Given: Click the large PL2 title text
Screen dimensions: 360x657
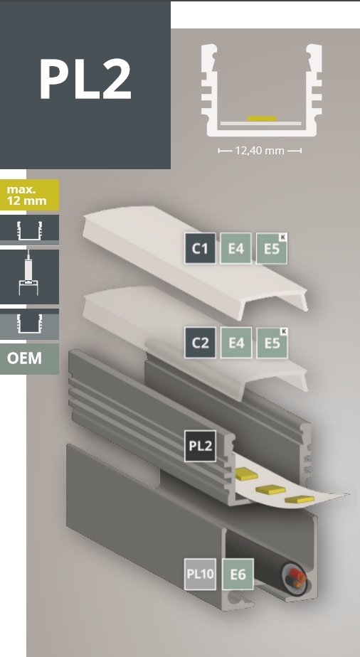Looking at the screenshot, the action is coord(85,79).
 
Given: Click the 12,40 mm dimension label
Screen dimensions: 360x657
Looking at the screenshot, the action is coord(260,151).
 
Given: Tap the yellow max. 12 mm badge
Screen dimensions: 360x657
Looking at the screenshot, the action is coord(29,195).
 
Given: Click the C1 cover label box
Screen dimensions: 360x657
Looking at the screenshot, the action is coord(201,248).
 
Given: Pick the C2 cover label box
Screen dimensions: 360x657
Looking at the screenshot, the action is coord(201,343).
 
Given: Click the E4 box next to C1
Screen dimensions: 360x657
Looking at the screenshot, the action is coord(236,248).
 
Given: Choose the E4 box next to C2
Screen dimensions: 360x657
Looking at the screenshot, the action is coord(236,343).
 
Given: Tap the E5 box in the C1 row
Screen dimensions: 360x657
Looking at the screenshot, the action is coord(272,248).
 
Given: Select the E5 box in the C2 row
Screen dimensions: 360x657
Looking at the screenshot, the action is coord(272,343).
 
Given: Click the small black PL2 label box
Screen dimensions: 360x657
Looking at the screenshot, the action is coord(201,446).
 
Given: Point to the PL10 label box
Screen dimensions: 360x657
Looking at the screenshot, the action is coord(201,574).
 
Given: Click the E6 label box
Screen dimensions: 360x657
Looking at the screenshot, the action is coord(238,574).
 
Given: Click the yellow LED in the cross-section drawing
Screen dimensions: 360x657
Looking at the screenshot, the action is coord(262,119).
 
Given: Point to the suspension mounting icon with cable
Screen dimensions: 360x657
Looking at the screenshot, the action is coord(28,277).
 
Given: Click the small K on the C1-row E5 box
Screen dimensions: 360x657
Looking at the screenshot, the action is coord(283,237).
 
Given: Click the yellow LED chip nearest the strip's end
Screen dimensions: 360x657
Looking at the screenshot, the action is coord(300,499).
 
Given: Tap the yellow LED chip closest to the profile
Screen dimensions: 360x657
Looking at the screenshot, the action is coord(246,474).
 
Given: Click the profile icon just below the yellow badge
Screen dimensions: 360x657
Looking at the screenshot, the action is coord(29,230).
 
